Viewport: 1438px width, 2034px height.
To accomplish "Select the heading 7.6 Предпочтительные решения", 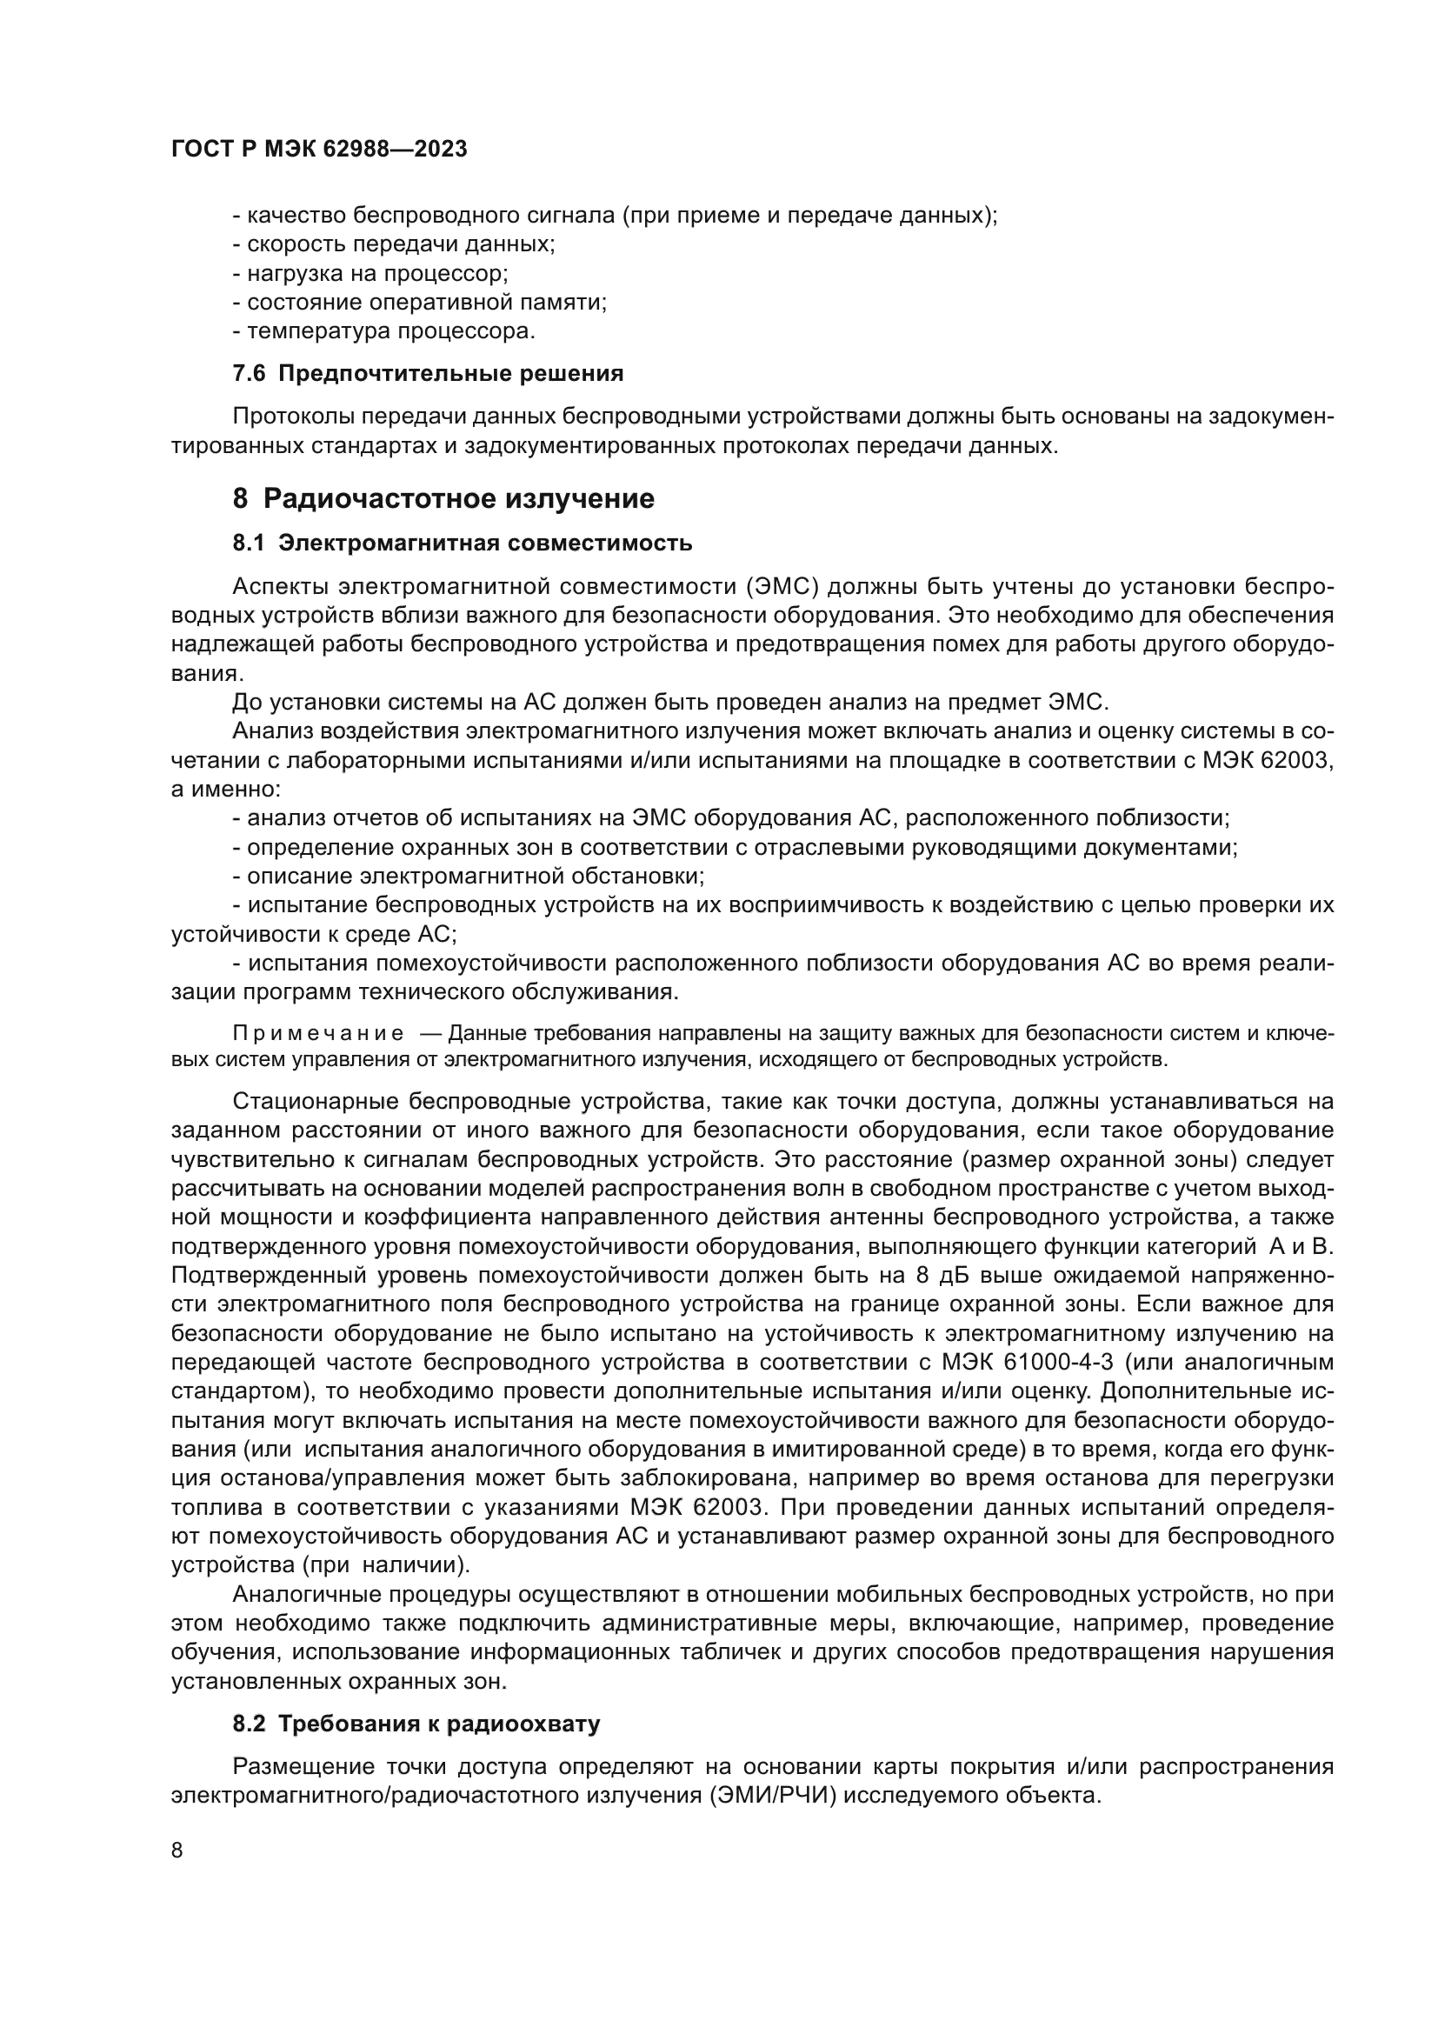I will [x=428, y=374].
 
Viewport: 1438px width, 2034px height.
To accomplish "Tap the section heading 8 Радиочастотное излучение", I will [x=443, y=499].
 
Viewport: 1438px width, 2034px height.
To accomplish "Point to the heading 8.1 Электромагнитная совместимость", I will [x=463, y=543].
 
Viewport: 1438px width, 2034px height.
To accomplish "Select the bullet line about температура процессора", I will [x=383, y=332].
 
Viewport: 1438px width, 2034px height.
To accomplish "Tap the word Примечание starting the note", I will [x=318, y=1034].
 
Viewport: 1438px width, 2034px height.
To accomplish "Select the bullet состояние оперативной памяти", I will [x=420, y=303].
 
